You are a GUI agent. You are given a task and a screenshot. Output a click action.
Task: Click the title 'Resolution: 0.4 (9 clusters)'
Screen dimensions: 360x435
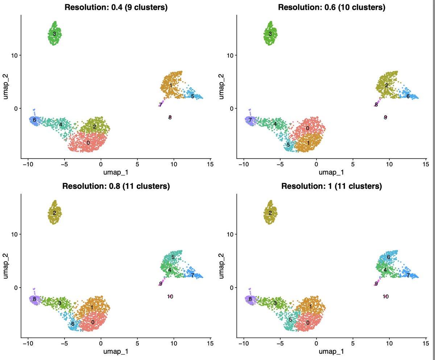coord(116,7)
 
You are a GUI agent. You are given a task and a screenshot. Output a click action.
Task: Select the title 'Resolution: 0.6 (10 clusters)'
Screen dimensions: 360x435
coord(332,7)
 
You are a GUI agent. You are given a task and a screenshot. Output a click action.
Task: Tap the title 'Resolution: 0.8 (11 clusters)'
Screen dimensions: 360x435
coord(116,187)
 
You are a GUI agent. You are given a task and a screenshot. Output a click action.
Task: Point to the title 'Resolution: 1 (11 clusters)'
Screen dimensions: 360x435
coord(332,187)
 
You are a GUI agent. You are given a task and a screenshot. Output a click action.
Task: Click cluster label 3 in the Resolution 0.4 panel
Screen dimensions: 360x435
coord(54,34)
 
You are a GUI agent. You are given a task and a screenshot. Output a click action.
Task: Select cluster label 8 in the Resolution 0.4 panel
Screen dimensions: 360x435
coord(170,117)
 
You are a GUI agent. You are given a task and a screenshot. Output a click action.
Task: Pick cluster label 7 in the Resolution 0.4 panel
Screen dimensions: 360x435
coord(160,105)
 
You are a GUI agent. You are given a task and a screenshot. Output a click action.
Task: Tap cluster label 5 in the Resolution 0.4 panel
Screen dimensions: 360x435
coord(192,96)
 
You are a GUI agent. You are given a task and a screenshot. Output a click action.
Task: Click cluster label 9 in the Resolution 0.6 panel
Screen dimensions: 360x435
coord(385,117)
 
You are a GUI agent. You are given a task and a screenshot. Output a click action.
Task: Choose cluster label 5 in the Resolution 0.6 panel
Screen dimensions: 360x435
coord(288,145)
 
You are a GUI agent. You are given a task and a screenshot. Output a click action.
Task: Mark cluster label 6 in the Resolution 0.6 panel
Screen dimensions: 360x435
coord(408,96)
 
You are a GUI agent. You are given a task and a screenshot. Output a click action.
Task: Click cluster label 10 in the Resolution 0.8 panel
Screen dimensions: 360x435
coord(170,297)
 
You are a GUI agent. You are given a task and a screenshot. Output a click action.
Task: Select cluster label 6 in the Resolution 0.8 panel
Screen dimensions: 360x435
coord(73,324)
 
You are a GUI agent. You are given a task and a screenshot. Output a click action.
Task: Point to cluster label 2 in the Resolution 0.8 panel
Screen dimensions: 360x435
coord(54,213)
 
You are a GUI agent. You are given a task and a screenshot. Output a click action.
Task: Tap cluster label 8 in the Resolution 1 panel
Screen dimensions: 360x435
coord(250,299)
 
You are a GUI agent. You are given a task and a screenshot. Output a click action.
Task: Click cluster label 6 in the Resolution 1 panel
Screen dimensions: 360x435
coord(388,257)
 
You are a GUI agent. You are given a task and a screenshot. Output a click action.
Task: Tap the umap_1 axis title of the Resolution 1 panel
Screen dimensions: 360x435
coord(332,351)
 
